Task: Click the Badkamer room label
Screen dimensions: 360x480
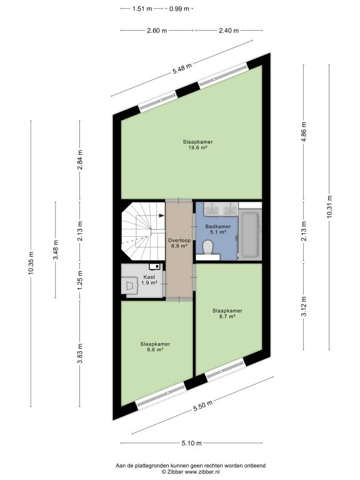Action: (x=218, y=226)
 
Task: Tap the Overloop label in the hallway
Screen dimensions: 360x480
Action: (x=179, y=240)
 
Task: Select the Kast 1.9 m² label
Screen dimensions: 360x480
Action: (x=149, y=280)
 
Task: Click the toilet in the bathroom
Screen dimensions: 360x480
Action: (x=208, y=247)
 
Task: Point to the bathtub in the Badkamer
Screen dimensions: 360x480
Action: (x=250, y=234)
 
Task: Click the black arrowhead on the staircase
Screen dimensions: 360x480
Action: (x=161, y=216)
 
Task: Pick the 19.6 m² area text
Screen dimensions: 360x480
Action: (x=197, y=147)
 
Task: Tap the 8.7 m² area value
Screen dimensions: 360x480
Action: (x=227, y=316)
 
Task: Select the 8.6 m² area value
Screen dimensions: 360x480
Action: (x=154, y=349)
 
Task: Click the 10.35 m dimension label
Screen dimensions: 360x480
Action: (x=31, y=263)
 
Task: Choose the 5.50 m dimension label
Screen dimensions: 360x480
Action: (x=202, y=406)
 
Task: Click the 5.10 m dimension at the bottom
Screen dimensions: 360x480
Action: (x=192, y=442)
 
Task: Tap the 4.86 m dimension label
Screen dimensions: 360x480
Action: (x=304, y=132)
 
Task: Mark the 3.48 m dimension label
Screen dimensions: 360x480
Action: (x=56, y=249)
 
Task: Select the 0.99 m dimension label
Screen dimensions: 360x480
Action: (x=179, y=9)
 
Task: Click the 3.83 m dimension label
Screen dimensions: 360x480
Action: (x=80, y=353)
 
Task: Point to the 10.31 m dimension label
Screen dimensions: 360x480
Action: (x=329, y=207)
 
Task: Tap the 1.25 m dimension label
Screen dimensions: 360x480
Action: (x=80, y=281)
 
